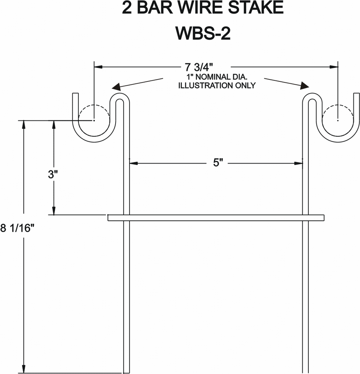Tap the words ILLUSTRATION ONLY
click(x=216, y=86)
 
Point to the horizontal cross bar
click(x=216, y=218)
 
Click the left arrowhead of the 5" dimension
click(x=134, y=164)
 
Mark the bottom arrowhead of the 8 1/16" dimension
click(x=24, y=369)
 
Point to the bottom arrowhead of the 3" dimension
click(x=54, y=211)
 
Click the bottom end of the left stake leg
click(x=127, y=371)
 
